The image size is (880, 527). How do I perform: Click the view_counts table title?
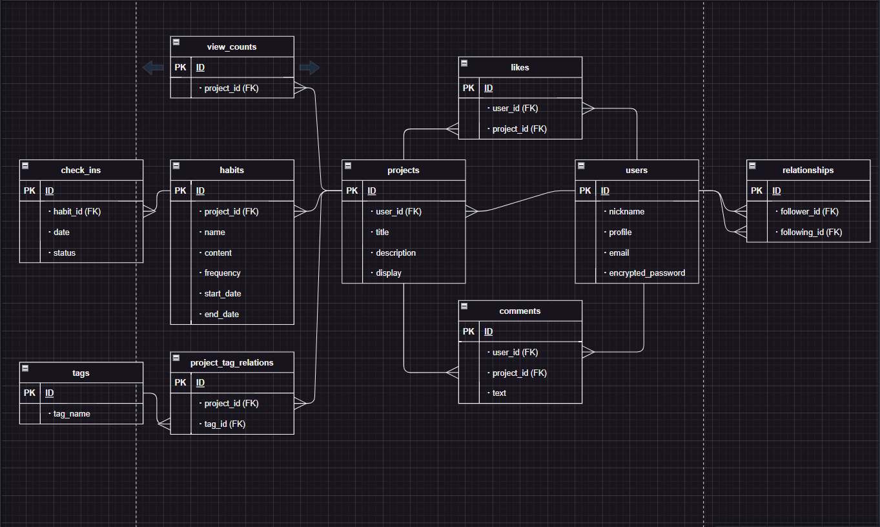(x=232, y=46)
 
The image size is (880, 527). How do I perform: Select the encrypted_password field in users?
(x=647, y=273)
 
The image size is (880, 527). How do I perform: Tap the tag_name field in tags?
(x=72, y=414)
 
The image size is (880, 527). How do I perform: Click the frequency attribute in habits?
(x=222, y=273)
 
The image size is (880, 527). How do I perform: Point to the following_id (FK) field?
(x=811, y=232)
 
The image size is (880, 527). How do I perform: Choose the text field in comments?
(x=499, y=393)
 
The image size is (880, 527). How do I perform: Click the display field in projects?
(x=389, y=273)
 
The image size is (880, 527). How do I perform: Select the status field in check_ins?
(x=65, y=253)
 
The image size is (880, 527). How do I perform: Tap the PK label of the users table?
(x=586, y=191)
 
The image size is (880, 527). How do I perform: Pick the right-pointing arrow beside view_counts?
(x=309, y=67)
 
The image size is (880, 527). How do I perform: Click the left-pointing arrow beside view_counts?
(x=153, y=67)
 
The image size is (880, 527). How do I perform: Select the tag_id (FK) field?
(x=225, y=424)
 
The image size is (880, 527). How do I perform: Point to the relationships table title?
(x=808, y=170)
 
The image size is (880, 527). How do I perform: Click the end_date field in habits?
(x=221, y=315)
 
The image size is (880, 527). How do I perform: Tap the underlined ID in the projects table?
(x=372, y=191)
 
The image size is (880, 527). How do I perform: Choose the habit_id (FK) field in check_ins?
(x=77, y=211)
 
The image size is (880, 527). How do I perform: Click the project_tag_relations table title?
(x=232, y=363)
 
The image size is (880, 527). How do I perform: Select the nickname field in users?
(x=626, y=212)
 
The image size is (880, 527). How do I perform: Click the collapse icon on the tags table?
(x=25, y=368)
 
